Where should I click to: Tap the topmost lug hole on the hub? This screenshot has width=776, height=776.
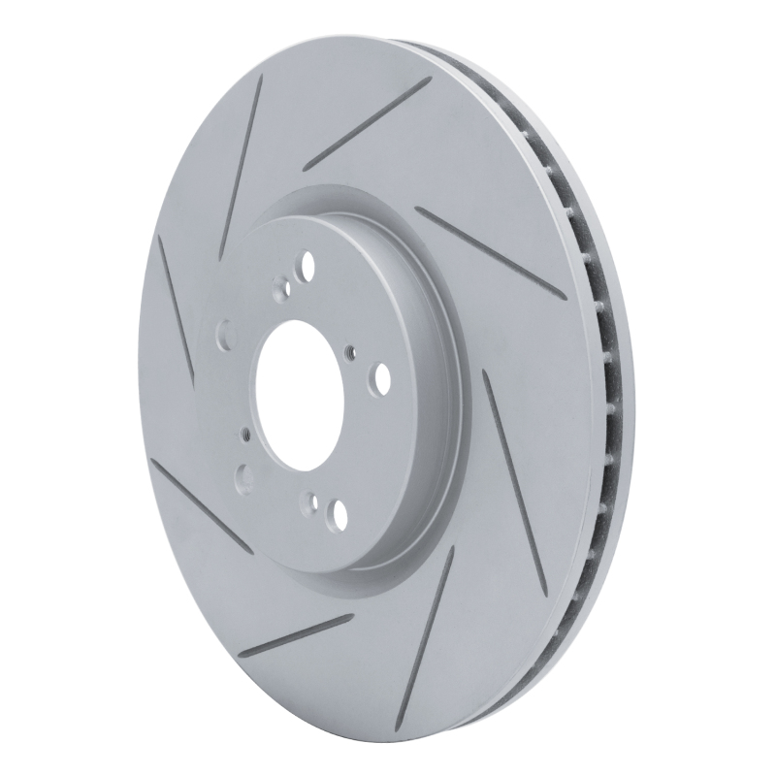pyautogui.click(x=307, y=262)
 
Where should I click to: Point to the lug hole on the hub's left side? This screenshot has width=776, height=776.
pyautogui.click(x=225, y=335)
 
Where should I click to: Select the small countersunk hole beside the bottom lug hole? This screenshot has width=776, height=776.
pyautogui.click(x=310, y=501)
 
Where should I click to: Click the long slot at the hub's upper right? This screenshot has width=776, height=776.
pyautogui.click(x=490, y=248)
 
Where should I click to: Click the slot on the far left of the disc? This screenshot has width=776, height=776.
pyautogui.click(x=179, y=310)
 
